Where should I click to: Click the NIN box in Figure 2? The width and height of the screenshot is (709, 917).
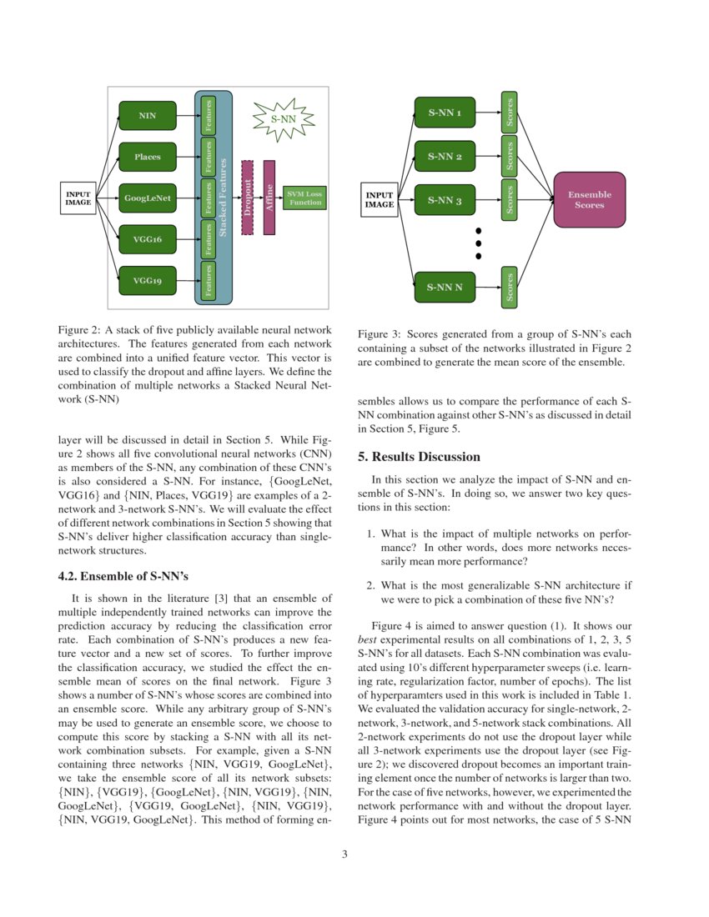148,115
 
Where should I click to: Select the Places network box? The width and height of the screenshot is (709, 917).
148,157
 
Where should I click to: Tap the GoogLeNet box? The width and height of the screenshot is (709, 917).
148,198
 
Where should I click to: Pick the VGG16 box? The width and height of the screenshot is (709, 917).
148,239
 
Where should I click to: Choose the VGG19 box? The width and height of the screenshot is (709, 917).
148,281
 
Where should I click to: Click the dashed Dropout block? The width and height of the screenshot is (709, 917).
247,198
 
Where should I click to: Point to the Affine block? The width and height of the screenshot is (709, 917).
269,198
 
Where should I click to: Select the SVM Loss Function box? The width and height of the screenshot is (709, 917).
304,198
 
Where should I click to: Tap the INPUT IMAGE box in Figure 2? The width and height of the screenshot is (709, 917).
78,198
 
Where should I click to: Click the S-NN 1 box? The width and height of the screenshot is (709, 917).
445,112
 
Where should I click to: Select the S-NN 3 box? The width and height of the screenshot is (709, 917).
445,200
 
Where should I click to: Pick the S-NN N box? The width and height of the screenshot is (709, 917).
445,288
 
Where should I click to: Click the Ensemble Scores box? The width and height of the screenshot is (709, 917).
589,200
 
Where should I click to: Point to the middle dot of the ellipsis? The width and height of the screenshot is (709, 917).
478,243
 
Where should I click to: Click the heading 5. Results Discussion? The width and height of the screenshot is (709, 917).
419,457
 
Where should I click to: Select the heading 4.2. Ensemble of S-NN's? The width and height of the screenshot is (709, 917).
123,576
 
